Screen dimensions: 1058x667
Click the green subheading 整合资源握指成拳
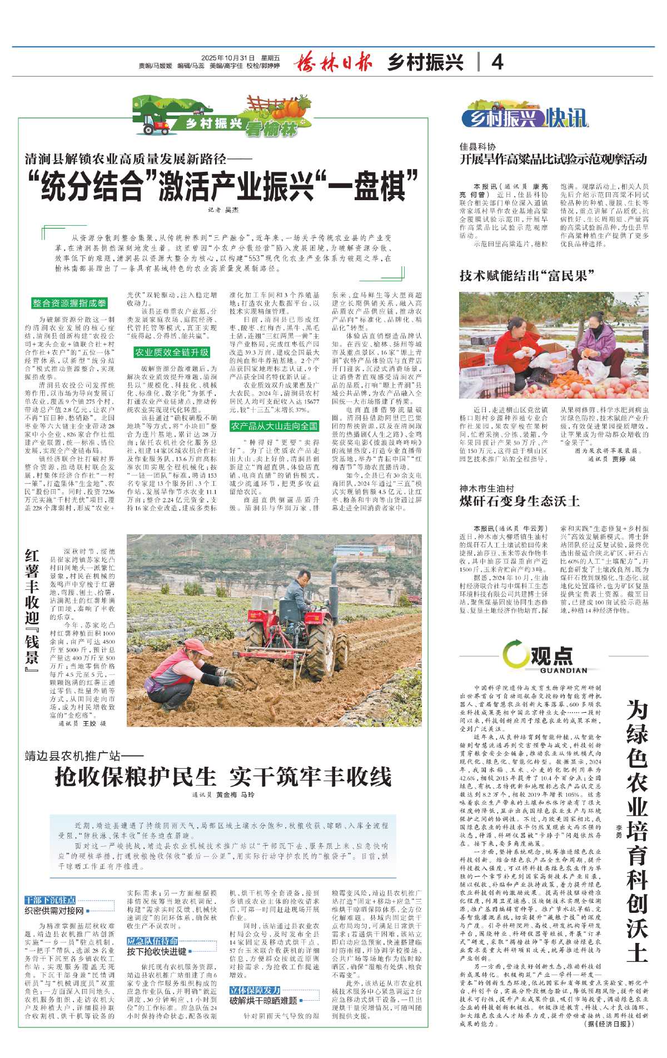tap(69, 303)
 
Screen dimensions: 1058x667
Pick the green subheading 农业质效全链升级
tap(172, 352)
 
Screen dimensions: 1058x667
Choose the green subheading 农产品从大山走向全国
tap(274, 426)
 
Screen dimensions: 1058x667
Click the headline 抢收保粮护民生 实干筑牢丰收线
tap(223, 777)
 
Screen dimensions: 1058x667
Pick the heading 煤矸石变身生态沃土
tap(519, 501)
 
